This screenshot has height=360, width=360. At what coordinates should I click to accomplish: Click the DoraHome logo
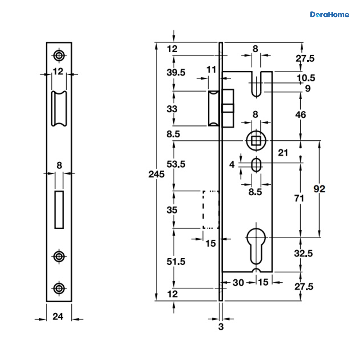click(x=329, y=15)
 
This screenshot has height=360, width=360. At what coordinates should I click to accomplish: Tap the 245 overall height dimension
click(x=156, y=174)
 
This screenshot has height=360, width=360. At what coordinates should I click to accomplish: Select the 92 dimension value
click(x=319, y=189)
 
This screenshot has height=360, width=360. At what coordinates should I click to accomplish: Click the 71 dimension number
click(x=299, y=198)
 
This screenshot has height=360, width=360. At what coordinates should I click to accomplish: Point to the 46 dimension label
click(x=301, y=115)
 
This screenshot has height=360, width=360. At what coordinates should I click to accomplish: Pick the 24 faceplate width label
click(x=58, y=316)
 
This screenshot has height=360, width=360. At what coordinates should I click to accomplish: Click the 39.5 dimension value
click(x=176, y=73)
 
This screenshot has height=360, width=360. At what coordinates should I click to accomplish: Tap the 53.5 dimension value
click(x=176, y=164)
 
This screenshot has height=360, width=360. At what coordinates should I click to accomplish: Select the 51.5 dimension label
click(x=176, y=262)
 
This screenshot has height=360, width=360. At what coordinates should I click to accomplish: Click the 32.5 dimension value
click(x=303, y=253)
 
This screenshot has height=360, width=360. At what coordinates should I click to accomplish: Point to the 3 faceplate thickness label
click(x=221, y=327)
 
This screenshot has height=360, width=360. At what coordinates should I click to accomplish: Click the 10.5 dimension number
click(x=306, y=78)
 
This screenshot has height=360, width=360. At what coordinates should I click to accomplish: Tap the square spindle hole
click(x=256, y=141)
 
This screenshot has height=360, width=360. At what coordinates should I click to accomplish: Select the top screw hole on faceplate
click(x=59, y=55)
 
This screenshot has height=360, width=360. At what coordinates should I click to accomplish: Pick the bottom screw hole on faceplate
click(x=59, y=288)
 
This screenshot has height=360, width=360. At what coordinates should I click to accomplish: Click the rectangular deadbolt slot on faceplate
click(x=59, y=210)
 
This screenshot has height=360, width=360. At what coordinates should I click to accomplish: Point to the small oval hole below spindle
click(x=256, y=165)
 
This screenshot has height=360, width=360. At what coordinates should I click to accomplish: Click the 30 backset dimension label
click(x=238, y=283)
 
